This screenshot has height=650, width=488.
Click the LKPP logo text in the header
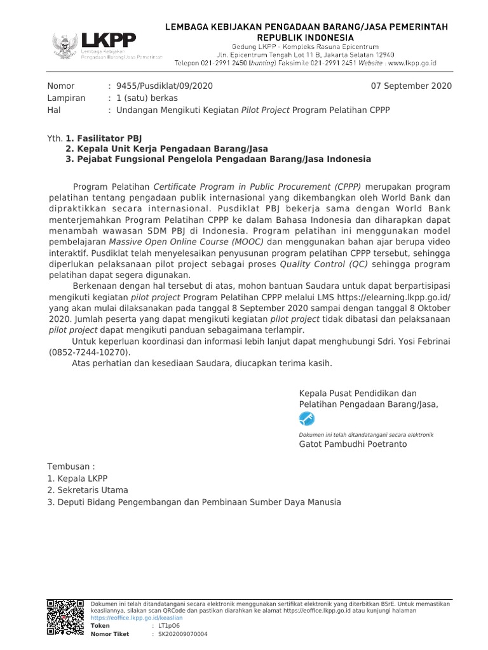(109, 41)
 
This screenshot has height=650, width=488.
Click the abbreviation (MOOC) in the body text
(240, 241)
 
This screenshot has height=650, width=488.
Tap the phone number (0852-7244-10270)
(88, 352)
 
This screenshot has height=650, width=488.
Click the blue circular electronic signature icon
(306, 418)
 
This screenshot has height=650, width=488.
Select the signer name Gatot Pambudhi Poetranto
(353, 444)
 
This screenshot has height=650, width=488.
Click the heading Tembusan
(71, 467)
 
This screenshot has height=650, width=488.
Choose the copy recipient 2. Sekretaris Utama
(88, 490)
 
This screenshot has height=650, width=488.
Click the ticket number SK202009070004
(182, 633)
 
